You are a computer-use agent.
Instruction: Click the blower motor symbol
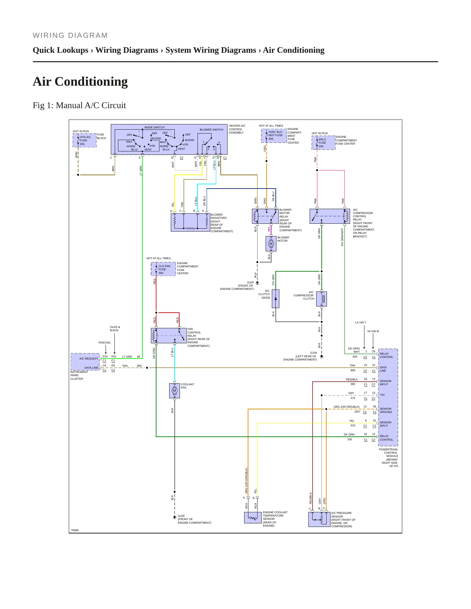(x=271, y=244)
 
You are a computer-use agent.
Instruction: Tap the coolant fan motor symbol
(x=174, y=391)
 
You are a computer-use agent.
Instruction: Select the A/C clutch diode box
(x=275, y=299)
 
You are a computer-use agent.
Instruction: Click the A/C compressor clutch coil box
(x=321, y=299)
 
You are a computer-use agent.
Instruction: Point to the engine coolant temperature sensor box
(x=253, y=518)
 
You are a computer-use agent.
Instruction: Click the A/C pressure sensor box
(x=319, y=519)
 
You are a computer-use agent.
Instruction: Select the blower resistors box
(x=190, y=222)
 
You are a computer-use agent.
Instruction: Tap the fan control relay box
(x=169, y=335)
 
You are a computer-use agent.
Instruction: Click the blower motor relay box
(x=265, y=216)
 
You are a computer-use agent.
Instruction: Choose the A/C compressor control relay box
(x=330, y=216)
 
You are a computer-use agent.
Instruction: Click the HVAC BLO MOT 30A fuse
(x=274, y=135)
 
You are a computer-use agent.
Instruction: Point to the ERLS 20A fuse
(x=323, y=143)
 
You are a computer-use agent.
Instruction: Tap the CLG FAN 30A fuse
(x=163, y=269)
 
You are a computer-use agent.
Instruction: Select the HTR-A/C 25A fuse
(x=84, y=140)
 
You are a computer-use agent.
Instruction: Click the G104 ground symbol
(x=322, y=357)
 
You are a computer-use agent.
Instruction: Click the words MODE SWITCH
(x=155, y=127)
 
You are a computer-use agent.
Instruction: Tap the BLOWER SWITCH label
(x=212, y=130)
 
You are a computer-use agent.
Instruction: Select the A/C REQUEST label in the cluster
(x=89, y=359)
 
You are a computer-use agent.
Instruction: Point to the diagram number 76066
(x=75, y=530)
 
